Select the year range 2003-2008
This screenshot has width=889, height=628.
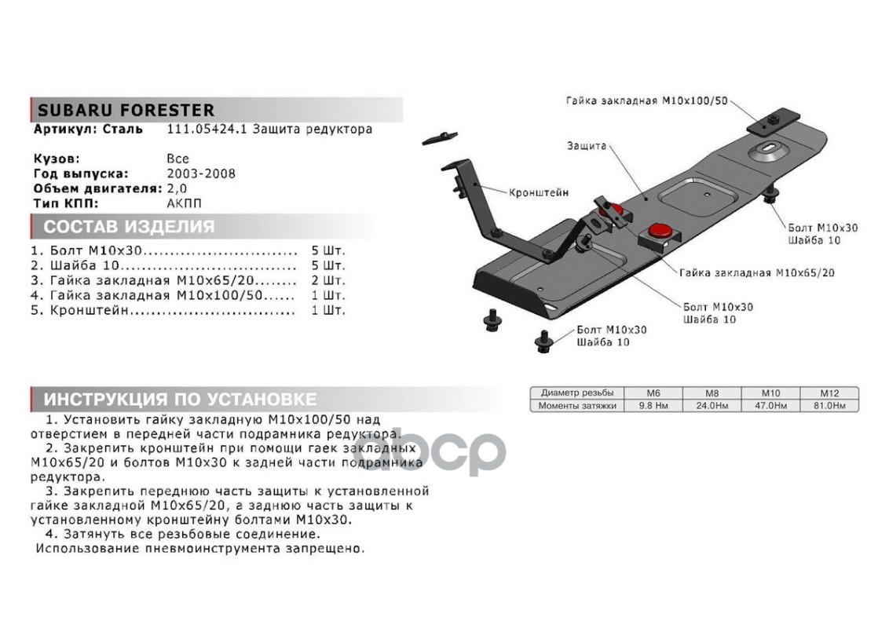201,174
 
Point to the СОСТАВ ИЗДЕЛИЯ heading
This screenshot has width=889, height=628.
129,228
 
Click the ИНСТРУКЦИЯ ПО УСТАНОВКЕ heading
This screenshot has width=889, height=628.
180,399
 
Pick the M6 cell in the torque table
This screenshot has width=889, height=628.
653,392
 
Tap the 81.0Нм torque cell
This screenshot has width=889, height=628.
829,406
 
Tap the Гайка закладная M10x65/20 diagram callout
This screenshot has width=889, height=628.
757,273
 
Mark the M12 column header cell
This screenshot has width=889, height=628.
829,392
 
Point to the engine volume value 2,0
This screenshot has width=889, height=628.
177,189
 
